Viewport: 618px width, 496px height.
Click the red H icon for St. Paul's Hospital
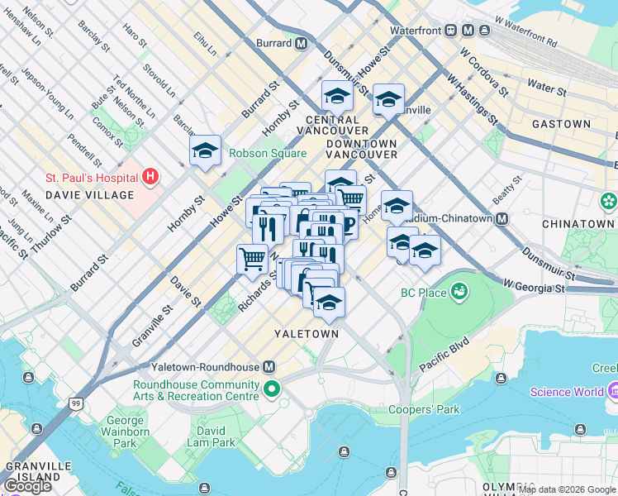pyautogui.click(x=150, y=176)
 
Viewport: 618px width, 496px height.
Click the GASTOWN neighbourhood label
pyautogui.click(x=561, y=124)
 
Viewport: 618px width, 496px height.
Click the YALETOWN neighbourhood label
pyautogui.click(x=307, y=334)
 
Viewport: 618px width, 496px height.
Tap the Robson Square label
pyautogui.click(x=268, y=153)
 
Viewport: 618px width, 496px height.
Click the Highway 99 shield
pyautogui.click(x=76, y=403)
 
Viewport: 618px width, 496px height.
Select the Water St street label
pyautogui.click(x=545, y=86)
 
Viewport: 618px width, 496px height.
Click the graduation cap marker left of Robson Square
pyautogui.click(x=205, y=151)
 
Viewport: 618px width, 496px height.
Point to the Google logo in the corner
pyautogui.click(x=27, y=486)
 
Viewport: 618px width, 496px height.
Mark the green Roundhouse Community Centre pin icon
pyautogui.click(x=272, y=389)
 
